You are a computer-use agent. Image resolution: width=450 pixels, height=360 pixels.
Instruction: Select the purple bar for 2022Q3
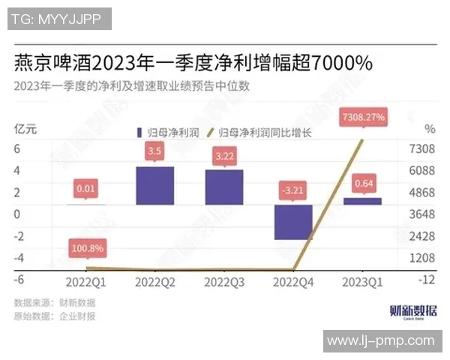point(224,187)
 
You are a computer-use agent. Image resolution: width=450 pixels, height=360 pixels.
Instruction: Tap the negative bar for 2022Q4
point(293,222)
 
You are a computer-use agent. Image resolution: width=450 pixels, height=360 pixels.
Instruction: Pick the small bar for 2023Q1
point(362,201)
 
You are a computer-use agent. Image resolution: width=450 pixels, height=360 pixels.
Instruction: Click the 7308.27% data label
point(363,117)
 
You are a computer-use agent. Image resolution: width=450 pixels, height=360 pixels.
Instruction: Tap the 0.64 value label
point(363,183)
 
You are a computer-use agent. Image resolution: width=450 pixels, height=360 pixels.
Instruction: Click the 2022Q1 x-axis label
point(85,282)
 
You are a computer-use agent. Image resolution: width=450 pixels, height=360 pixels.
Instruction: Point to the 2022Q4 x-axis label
point(293,282)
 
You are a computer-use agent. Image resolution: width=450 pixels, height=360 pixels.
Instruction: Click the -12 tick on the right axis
point(426,279)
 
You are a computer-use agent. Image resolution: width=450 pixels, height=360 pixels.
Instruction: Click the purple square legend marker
point(139,133)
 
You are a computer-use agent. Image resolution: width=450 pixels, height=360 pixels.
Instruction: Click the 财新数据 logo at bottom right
point(413,310)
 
